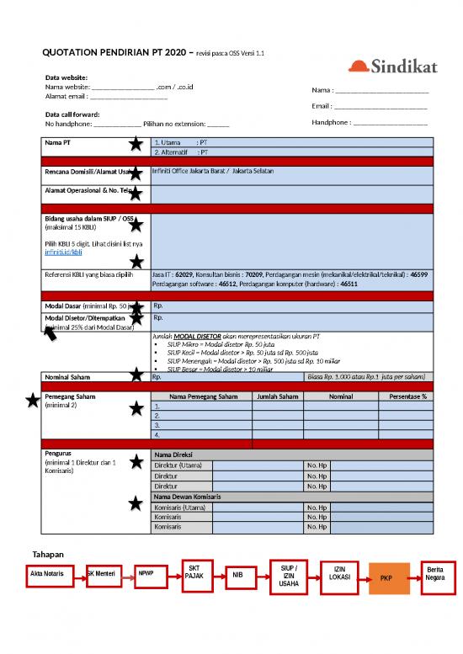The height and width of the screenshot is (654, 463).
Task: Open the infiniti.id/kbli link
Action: coord(63,252)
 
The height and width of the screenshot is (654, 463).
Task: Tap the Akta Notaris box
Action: coord(46,573)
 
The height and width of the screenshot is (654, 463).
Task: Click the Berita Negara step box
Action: coord(435,574)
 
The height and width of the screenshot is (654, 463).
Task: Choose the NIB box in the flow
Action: coord(237,576)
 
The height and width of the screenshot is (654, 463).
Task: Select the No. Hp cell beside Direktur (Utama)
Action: coord(317,465)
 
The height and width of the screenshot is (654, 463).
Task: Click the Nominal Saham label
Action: coord(67,377)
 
